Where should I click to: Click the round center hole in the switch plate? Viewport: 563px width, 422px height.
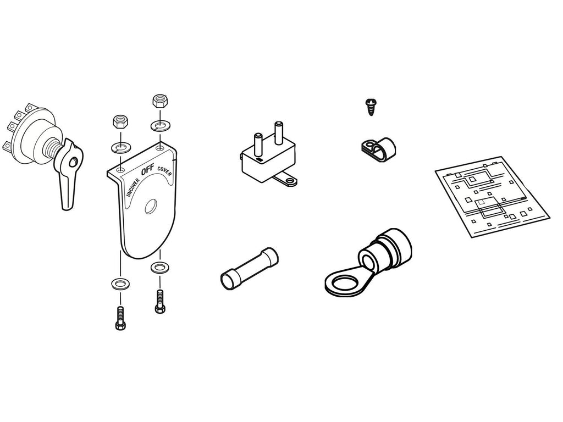pyautogui.click(x=150, y=208)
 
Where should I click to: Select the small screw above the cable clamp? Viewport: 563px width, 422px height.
pyautogui.click(x=371, y=106)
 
